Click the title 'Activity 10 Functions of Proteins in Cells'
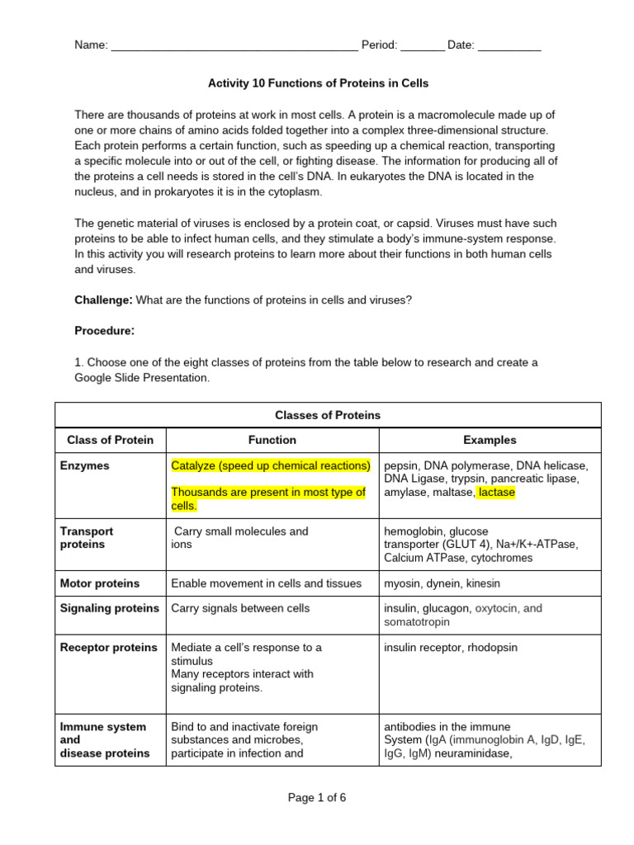318,83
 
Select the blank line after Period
422,47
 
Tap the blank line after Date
509,47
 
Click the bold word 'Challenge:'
103,300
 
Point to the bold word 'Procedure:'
104,331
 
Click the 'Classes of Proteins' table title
328,415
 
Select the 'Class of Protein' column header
110,440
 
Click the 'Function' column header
272,440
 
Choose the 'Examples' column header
490,440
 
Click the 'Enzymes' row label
85,466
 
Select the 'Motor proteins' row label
100,583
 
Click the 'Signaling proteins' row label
110,608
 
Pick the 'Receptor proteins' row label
109,648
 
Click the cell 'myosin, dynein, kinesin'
442,583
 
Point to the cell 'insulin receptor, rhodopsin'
451,648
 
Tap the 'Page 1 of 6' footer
317,797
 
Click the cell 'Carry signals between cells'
240,608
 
